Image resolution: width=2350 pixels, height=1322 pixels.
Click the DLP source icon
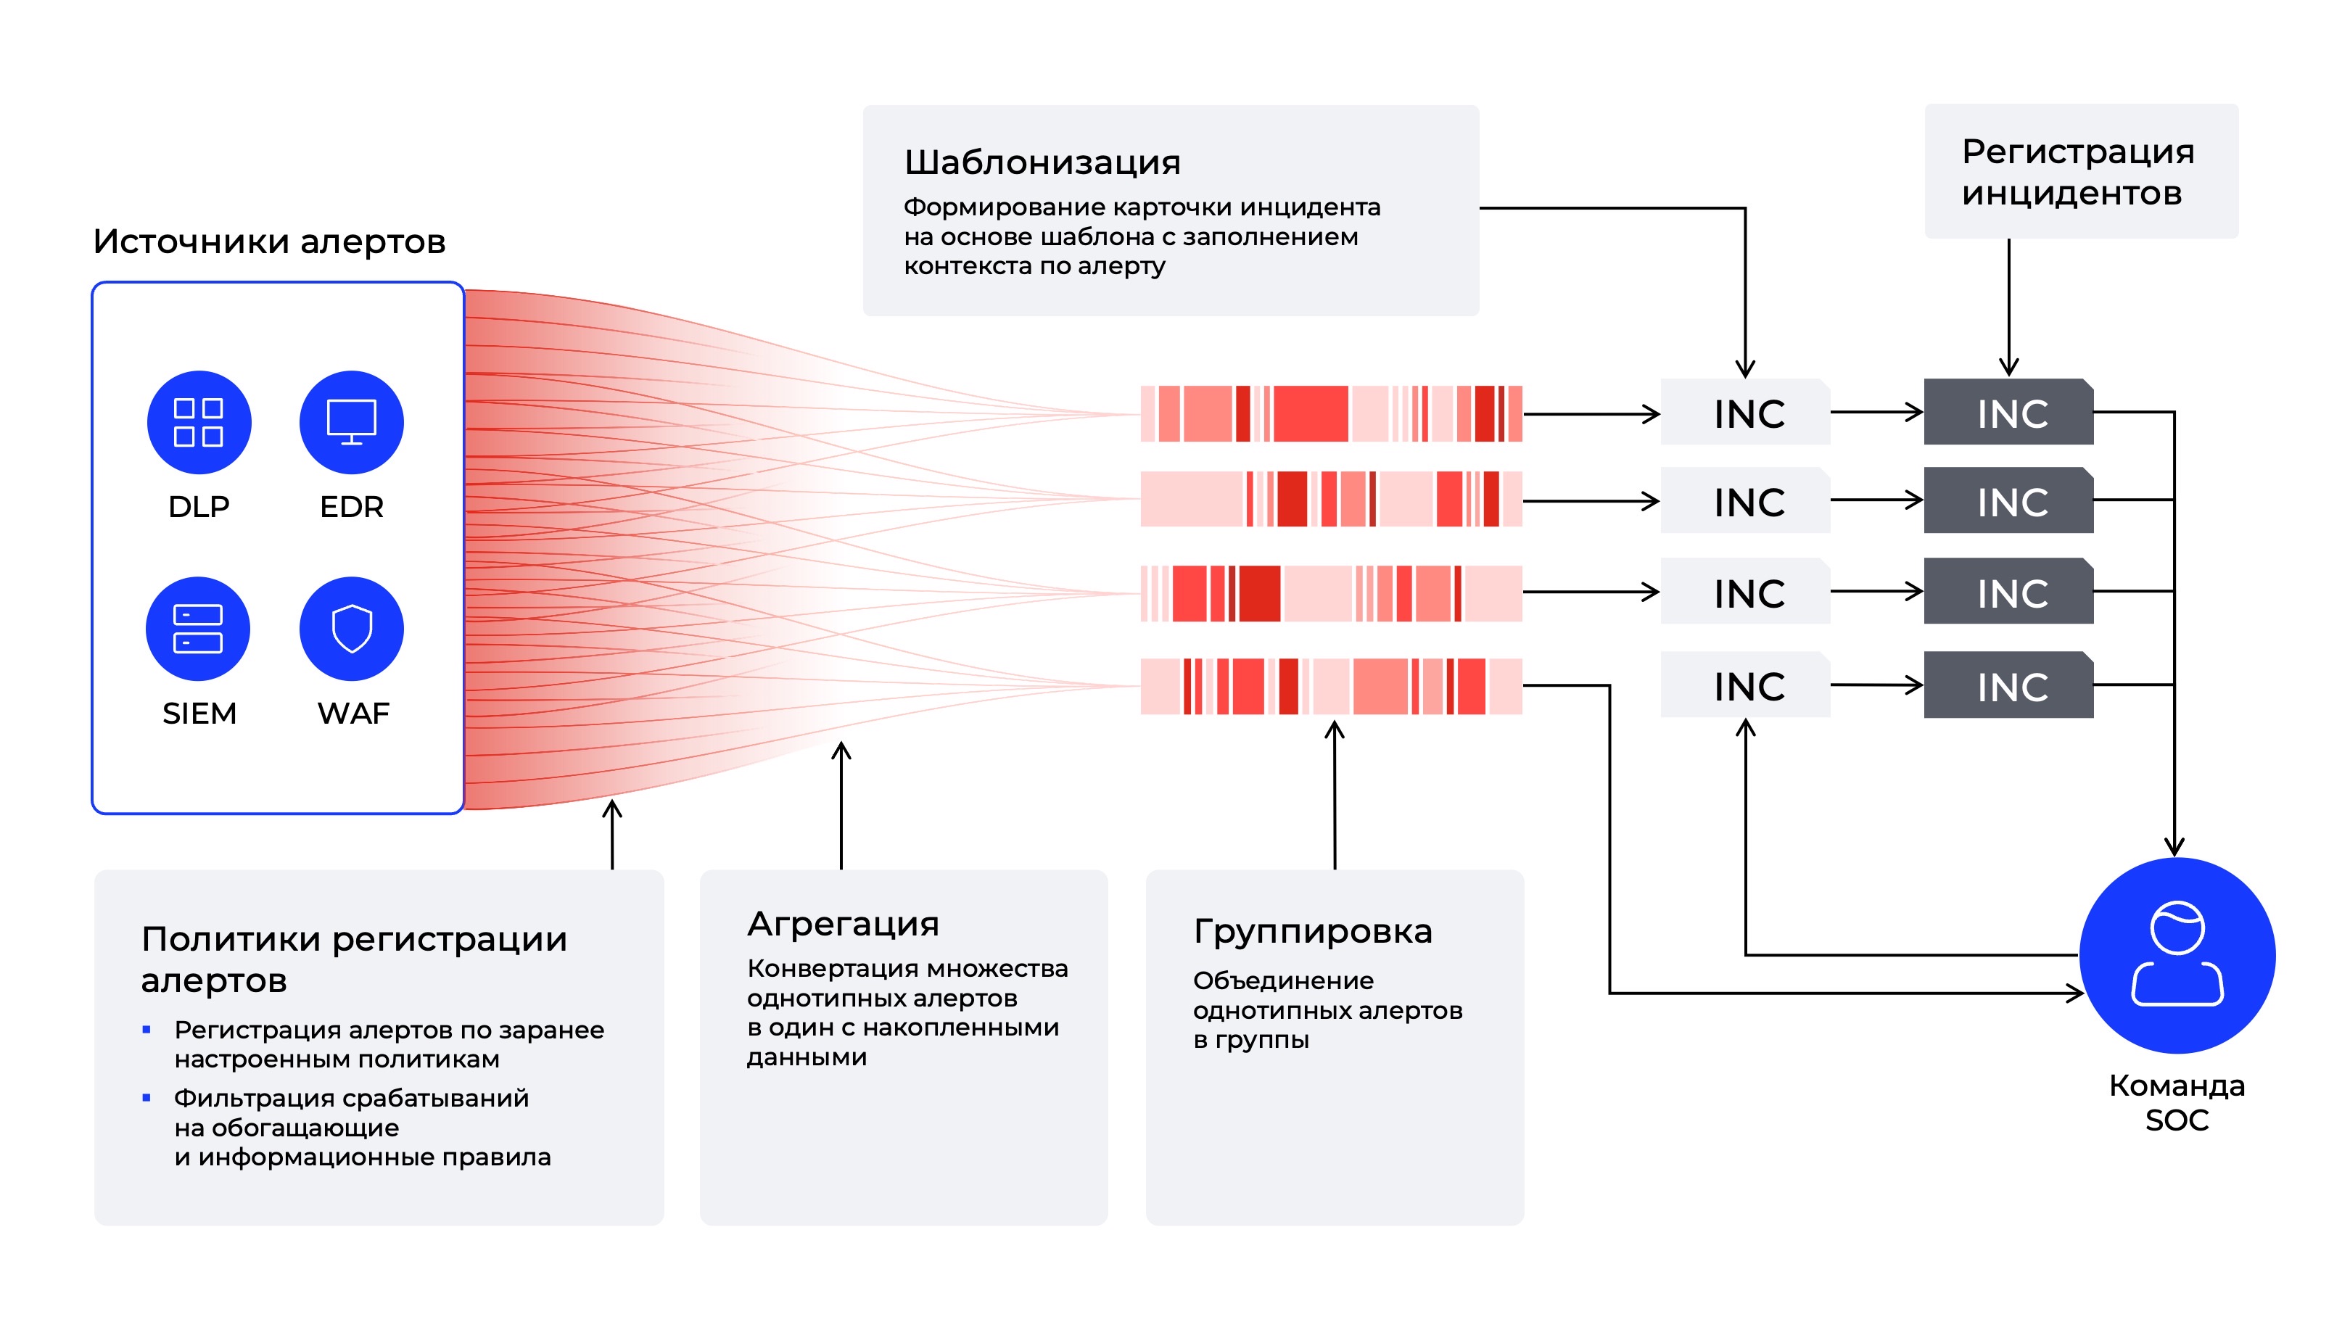click(199, 423)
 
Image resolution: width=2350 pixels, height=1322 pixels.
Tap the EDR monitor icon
click(351, 423)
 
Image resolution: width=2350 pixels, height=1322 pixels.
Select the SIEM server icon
click(198, 629)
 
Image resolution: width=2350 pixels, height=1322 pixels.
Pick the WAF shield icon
click(351, 629)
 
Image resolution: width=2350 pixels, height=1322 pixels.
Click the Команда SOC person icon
click(2177, 955)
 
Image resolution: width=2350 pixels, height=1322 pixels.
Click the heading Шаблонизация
click(1042, 162)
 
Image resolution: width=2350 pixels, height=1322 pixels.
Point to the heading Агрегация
click(843, 923)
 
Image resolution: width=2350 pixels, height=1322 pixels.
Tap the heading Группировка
click(1312, 932)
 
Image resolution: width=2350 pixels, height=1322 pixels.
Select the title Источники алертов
click(269, 241)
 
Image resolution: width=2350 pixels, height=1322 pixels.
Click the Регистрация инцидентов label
click(2077, 172)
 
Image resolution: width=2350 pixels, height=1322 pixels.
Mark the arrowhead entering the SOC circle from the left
click(2075, 993)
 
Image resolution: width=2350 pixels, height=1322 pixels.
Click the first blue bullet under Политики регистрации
click(146, 1029)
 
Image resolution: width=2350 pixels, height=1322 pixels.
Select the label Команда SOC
click(2176, 1102)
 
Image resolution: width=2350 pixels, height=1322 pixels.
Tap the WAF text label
click(353, 713)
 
